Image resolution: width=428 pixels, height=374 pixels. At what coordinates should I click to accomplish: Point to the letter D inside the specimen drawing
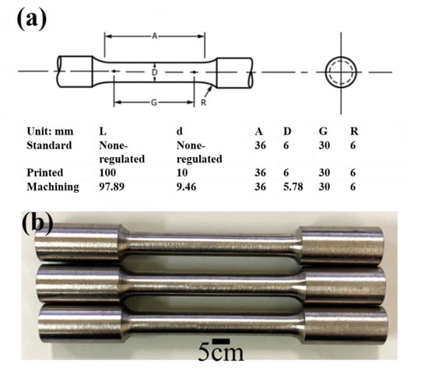[155, 72]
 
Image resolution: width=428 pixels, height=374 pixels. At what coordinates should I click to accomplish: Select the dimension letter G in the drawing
[155, 103]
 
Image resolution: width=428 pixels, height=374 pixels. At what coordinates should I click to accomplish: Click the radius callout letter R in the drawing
[202, 103]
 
